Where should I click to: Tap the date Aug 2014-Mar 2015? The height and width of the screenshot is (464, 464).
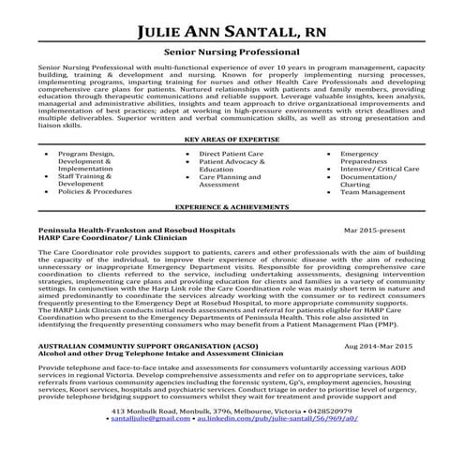pyautogui.click(x=379, y=347)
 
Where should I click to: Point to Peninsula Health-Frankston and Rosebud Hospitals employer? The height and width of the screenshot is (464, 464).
pyautogui.click(x=137, y=229)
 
